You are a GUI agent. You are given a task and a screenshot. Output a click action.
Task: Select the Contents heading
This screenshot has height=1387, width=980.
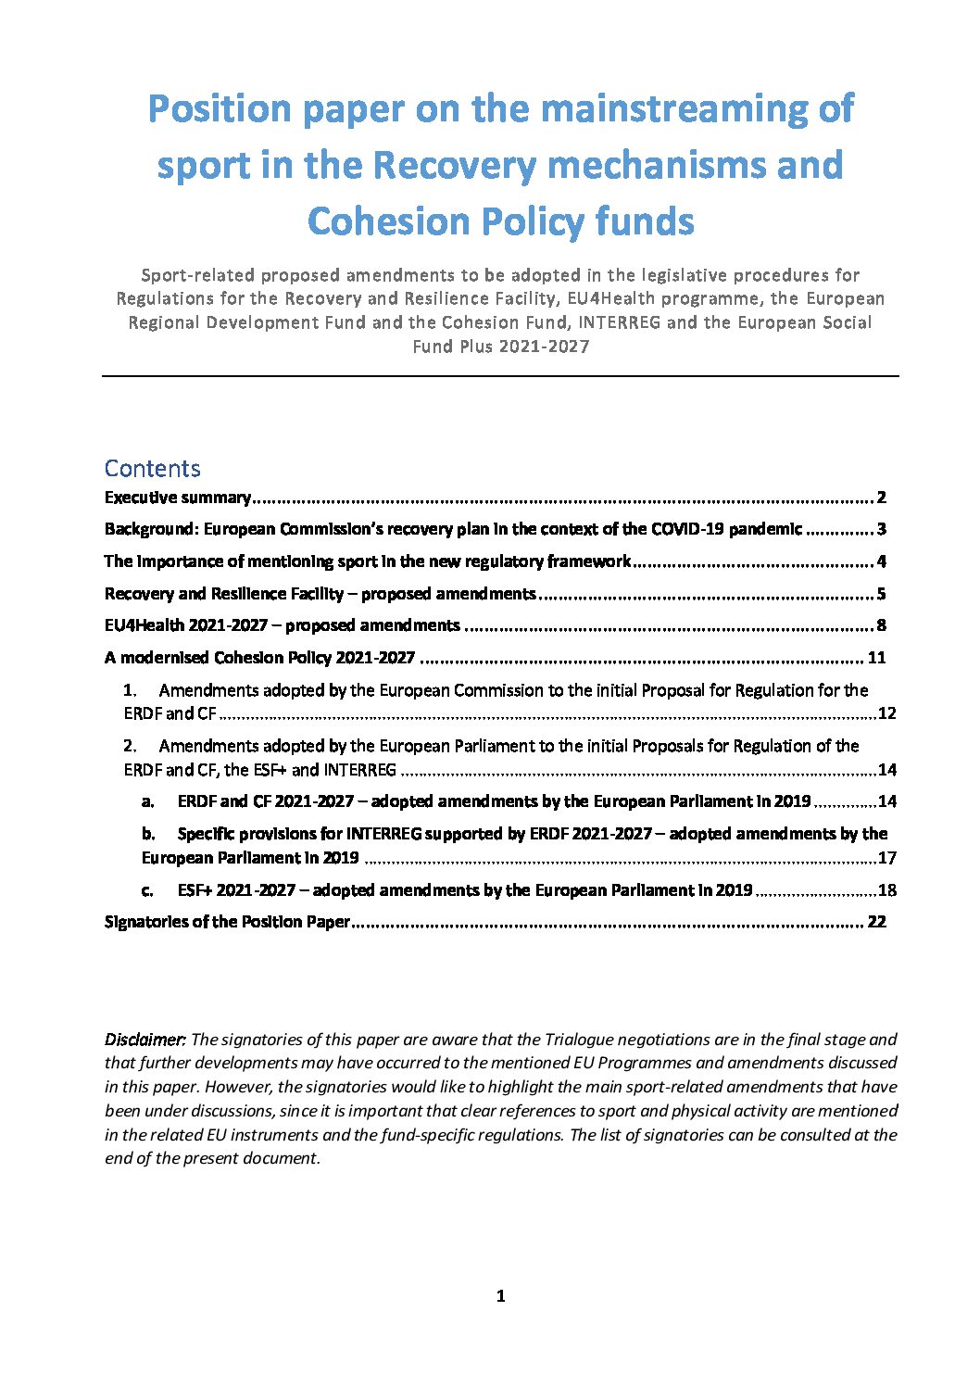coord(152,469)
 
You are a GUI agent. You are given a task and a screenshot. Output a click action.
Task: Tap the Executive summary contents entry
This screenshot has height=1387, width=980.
coord(177,498)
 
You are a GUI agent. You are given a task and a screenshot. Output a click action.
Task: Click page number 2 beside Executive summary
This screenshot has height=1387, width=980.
coord(882,498)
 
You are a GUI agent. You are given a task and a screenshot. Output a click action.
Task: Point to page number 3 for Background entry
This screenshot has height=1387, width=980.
coord(882,530)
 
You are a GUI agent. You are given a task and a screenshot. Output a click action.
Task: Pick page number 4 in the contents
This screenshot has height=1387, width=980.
coord(882,561)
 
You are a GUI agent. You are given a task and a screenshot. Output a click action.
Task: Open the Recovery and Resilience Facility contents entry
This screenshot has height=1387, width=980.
coord(320,594)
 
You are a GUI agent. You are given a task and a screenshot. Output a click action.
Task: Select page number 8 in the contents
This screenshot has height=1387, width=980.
coord(882,625)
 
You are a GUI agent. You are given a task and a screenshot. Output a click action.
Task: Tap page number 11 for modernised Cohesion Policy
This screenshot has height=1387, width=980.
coord(876,658)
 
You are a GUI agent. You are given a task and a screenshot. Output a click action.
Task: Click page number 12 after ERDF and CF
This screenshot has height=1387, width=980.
coord(886,714)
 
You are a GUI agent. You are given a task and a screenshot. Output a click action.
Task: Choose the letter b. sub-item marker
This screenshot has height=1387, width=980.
coord(148,834)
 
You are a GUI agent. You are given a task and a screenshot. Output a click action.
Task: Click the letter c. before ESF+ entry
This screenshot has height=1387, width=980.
coord(147,890)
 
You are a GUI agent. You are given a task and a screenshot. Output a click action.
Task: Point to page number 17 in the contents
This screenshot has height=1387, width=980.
coord(886,858)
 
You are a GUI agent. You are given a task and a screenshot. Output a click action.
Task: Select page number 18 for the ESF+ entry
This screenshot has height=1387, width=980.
coord(886,890)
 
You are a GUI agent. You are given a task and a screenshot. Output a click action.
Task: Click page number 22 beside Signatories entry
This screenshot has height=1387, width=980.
coord(876,922)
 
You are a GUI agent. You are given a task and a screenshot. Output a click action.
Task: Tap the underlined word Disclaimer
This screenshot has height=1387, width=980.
coord(145,1040)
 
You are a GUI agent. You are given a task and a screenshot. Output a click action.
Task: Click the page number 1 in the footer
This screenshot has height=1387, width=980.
coord(500,1296)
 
